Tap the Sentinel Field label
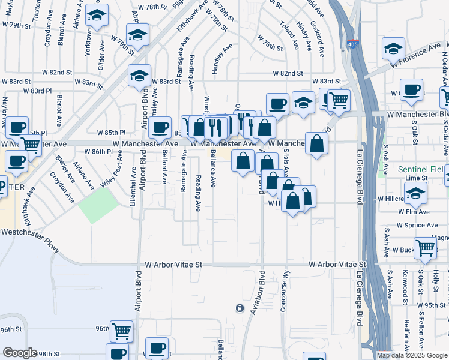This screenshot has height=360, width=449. click(423, 170)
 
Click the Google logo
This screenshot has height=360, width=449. click(20, 352)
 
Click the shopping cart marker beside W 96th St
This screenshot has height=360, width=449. click(122, 330)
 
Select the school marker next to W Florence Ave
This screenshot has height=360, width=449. click(393, 49)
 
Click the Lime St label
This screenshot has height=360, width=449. click(416, 178)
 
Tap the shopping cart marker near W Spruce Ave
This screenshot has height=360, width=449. click(425, 247)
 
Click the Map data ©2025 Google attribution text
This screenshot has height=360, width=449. click(412, 355)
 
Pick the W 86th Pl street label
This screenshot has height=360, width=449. click(95, 152)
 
